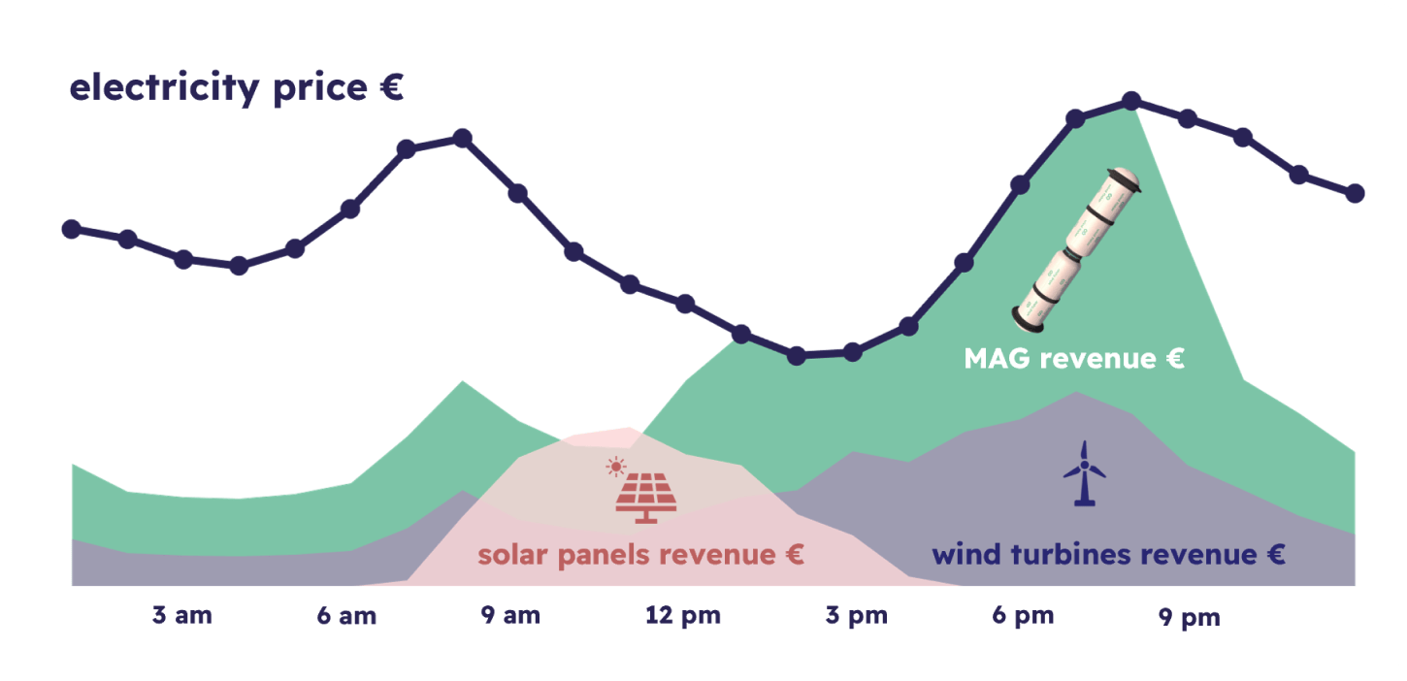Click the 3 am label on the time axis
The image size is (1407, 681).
tap(182, 615)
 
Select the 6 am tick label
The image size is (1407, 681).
tap(346, 616)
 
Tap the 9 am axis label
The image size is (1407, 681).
tap(510, 615)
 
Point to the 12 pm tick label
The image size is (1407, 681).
tap(683, 616)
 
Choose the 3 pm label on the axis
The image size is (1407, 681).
tap(857, 616)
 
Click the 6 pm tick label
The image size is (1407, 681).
tap(1023, 616)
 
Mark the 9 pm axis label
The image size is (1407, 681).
tap(1190, 618)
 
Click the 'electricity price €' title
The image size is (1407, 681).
tap(236, 88)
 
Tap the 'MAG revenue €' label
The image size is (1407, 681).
tap(1074, 359)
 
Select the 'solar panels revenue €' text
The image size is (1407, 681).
tap(640, 556)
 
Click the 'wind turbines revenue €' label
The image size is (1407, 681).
tap(1109, 555)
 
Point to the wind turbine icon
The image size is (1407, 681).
tap(1084, 473)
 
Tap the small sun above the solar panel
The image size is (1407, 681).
tap(616, 467)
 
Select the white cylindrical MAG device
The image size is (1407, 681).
tap(1076, 249)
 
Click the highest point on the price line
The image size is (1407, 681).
tap(1131, 101)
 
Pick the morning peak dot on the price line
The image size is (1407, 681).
tap(462, 138)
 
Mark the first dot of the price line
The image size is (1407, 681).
tap(72, 229)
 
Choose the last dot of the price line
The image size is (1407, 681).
tap(1355, 193)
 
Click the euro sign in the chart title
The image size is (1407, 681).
tap(391, 86)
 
